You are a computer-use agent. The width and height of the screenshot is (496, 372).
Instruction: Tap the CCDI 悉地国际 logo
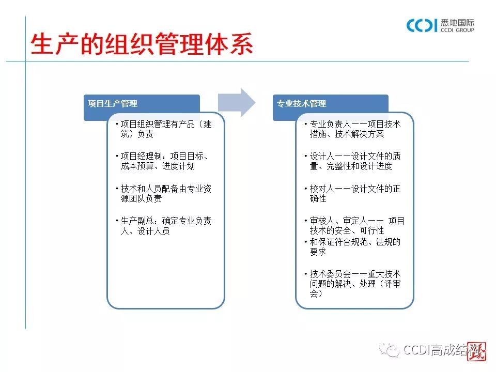coord(440,25)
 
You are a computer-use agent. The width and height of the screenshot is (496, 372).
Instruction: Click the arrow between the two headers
coord(236,102)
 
